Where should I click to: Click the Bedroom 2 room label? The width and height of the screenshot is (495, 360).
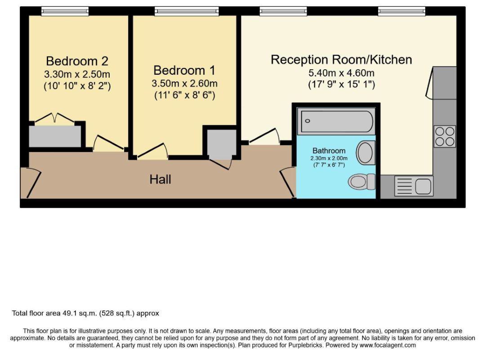(x=77, y=61)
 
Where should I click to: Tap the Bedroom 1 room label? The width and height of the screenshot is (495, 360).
(x=184, y=70)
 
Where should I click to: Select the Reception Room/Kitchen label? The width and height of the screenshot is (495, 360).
(x=341, y=60)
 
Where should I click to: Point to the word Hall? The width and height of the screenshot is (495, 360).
(x=161, y=180)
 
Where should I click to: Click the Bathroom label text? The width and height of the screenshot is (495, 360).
(x=329, y=151)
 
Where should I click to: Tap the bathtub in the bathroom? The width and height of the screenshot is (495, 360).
(x=337, y=121)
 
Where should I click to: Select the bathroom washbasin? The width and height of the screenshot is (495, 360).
(x=366, y=153)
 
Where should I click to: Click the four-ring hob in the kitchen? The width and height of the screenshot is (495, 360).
(x=445, y=136)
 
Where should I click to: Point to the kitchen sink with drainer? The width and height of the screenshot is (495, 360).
(x=414, y=185)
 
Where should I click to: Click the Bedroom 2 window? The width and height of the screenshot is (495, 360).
(x=65, y=11)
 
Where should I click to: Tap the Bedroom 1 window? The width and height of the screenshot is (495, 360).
(x=187, y=11)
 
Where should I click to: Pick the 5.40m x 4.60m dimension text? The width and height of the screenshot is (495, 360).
(x=341, y=73)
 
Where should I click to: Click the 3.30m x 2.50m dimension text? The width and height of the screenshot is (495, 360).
(x=77, y=74)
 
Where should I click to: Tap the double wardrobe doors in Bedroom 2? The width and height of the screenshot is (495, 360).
(x=54, y=117)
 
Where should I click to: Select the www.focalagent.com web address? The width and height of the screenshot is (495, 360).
(x=388, y=345)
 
